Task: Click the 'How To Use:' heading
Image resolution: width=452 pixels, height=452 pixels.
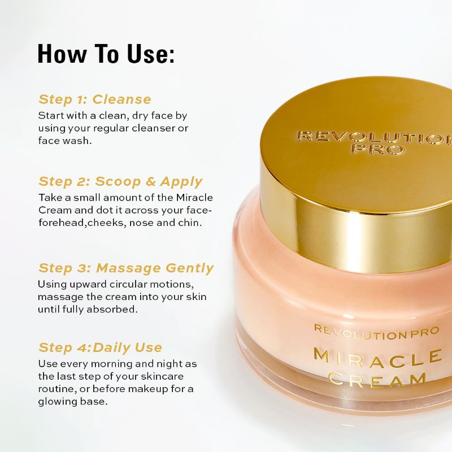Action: [x=106, y=54]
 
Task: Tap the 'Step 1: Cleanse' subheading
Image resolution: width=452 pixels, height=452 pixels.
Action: [x=94, y=99]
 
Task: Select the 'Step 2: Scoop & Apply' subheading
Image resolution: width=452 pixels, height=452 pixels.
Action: [x=120, y=181]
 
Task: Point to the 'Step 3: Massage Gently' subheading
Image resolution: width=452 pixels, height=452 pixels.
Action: [x=125, y=268]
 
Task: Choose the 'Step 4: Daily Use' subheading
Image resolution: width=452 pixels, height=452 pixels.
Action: [x=100, y=347]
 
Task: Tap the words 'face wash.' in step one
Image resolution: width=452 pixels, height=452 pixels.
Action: [x=64, y=141]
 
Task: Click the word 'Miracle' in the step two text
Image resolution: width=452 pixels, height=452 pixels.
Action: [x=194, y=198]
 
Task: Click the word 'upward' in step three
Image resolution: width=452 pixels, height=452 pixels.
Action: [x=84, y=284]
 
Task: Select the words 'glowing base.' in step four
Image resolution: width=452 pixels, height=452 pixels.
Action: [x=72, y=402]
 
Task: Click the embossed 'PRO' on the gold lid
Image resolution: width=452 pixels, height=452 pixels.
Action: [x=384, y=150]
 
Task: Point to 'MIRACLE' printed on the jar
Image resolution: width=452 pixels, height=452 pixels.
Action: [x=377, y=357]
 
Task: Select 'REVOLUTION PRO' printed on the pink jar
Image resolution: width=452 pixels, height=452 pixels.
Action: [x=376, y=332]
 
